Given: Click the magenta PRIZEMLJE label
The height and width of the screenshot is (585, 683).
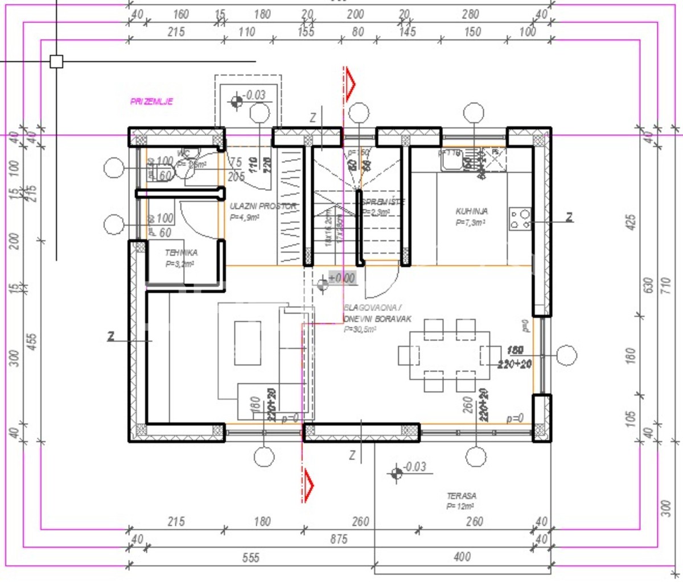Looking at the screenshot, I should tap(151, 102).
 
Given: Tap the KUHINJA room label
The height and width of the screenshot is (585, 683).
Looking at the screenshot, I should tap(471, 211).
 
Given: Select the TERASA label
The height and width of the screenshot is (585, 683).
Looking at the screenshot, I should tap(461, 496).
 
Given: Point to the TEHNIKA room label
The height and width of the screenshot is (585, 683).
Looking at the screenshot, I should tap(181, 253).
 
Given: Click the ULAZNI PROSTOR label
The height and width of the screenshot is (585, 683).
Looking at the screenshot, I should tap(262, 206).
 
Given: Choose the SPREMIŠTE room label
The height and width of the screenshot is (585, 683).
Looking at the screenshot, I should tap(383, 202).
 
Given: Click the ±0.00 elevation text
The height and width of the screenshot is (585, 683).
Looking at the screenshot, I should tap(341, 278).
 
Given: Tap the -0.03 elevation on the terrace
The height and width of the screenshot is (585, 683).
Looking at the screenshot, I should tap(414, 467).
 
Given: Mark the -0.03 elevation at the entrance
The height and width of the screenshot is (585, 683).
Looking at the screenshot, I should tap(254, 95).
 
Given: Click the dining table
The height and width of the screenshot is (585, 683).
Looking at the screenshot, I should tap(450, 356).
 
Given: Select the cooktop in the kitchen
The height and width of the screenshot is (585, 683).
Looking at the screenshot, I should tap(520, 219).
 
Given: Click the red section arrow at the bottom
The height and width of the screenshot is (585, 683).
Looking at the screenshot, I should tap(308, 485).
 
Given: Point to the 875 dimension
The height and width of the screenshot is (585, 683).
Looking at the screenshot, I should tap(338, 538).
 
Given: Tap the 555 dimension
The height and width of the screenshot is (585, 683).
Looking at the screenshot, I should tap(250, 558).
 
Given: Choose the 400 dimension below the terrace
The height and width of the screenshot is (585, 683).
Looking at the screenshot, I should tap(462, 557).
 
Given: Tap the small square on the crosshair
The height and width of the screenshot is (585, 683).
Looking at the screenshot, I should tap(56, 61).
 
